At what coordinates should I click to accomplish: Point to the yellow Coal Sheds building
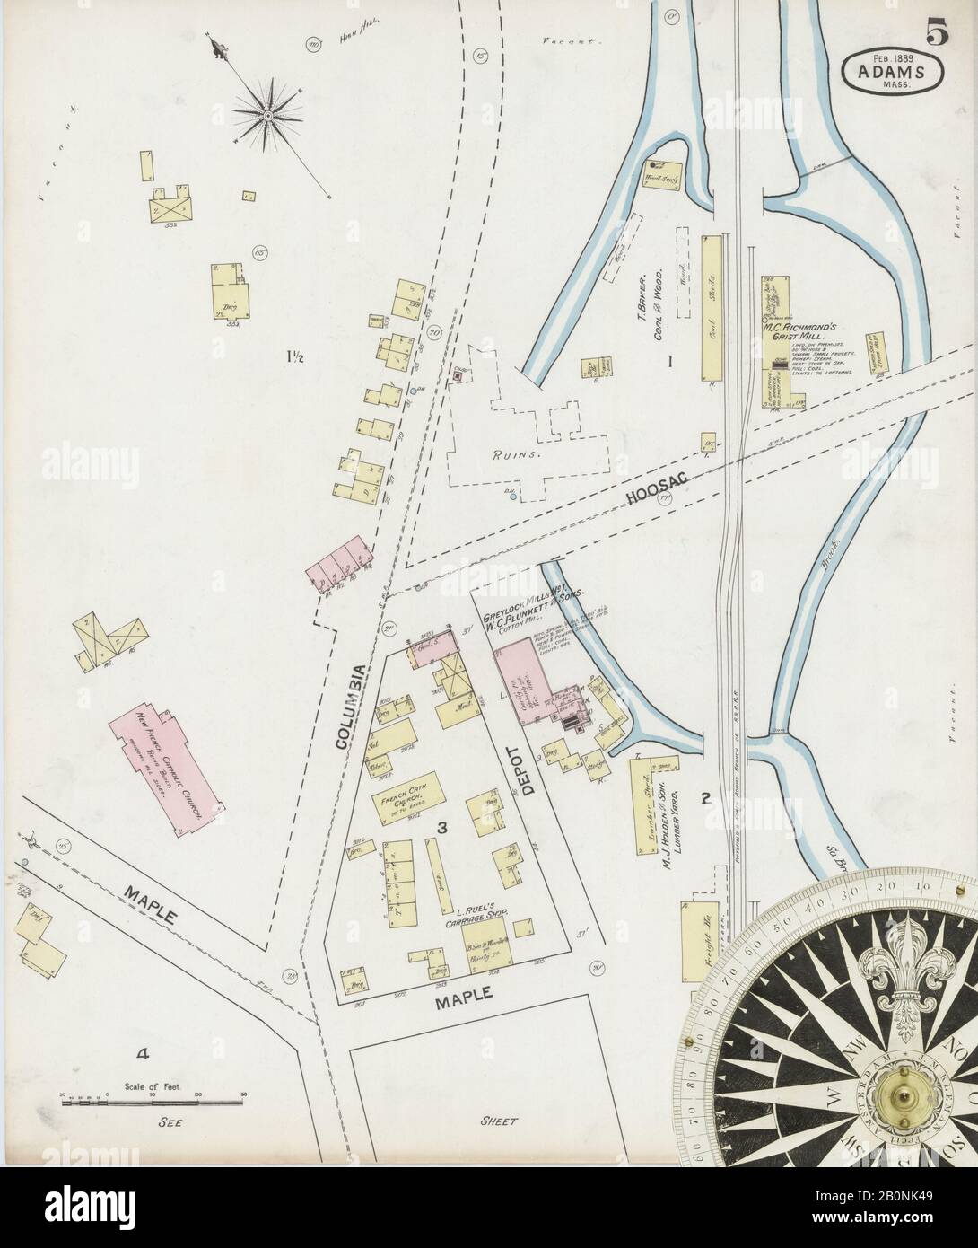click(715, 312)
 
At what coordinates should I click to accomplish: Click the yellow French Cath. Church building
click(410, 791)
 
